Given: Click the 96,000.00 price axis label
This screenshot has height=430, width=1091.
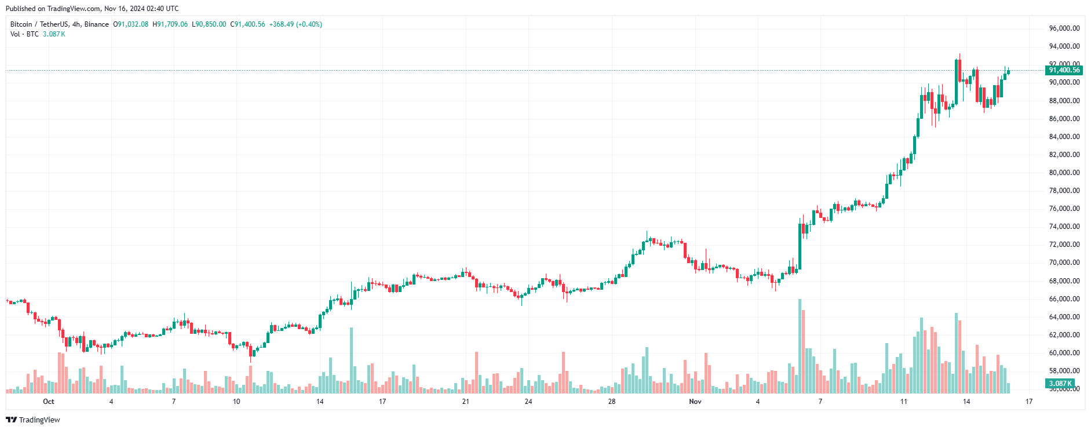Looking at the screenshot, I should click(1064, 28).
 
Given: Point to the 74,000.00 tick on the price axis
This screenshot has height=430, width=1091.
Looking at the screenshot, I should click(1064, 227).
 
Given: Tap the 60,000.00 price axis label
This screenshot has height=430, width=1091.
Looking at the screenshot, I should click(1064, 353).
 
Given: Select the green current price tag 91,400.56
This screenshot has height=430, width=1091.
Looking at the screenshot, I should click(1064, 70).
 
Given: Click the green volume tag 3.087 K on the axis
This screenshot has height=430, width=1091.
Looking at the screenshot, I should click(1060, 384).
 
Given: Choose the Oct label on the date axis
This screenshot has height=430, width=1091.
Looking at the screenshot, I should click(49, 402).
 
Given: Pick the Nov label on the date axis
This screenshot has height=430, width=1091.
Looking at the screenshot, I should click(695, 402).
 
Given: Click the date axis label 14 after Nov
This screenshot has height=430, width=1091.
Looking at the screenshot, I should click(966, 402).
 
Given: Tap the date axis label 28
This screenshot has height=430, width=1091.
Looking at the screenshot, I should click(612, 402).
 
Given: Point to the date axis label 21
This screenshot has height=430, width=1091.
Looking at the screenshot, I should click(466, 402).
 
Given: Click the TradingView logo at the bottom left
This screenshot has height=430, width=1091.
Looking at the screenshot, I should click(33, 420).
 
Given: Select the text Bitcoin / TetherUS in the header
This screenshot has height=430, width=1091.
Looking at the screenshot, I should click(39, 24).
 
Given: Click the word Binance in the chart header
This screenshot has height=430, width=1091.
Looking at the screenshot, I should click(97, 24).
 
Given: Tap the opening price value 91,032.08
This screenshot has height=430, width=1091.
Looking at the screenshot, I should click(133, 24).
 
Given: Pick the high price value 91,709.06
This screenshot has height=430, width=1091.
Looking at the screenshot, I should click(172, 24).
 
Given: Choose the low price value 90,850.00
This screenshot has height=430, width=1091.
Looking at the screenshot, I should click(211, 24).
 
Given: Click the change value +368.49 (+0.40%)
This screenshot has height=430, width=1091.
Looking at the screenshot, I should click(295, 24).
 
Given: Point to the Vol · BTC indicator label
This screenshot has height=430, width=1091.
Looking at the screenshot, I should click(24, 34).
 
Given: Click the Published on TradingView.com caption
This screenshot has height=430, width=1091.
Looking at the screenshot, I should click(92, 9).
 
